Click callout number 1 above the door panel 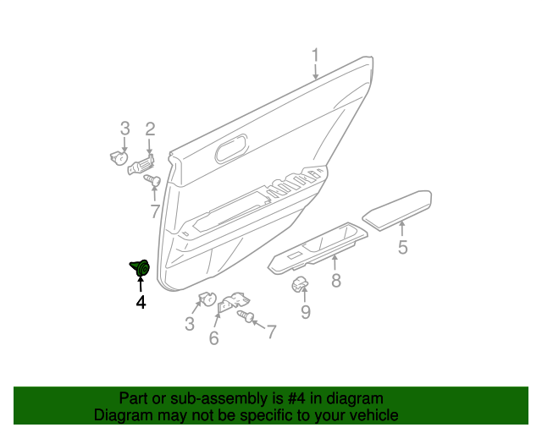click(314, 58)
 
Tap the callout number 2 click(150, 129)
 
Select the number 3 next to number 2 click(124, 129)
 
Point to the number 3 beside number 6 click(190, 324)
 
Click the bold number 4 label click(141, 302)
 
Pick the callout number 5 click(403, 247)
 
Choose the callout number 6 click(213, 338)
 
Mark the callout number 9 click(305, 312)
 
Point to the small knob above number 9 click(300, 284)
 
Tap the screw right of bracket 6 click(247, 316)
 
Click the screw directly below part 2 click(151, 181)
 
